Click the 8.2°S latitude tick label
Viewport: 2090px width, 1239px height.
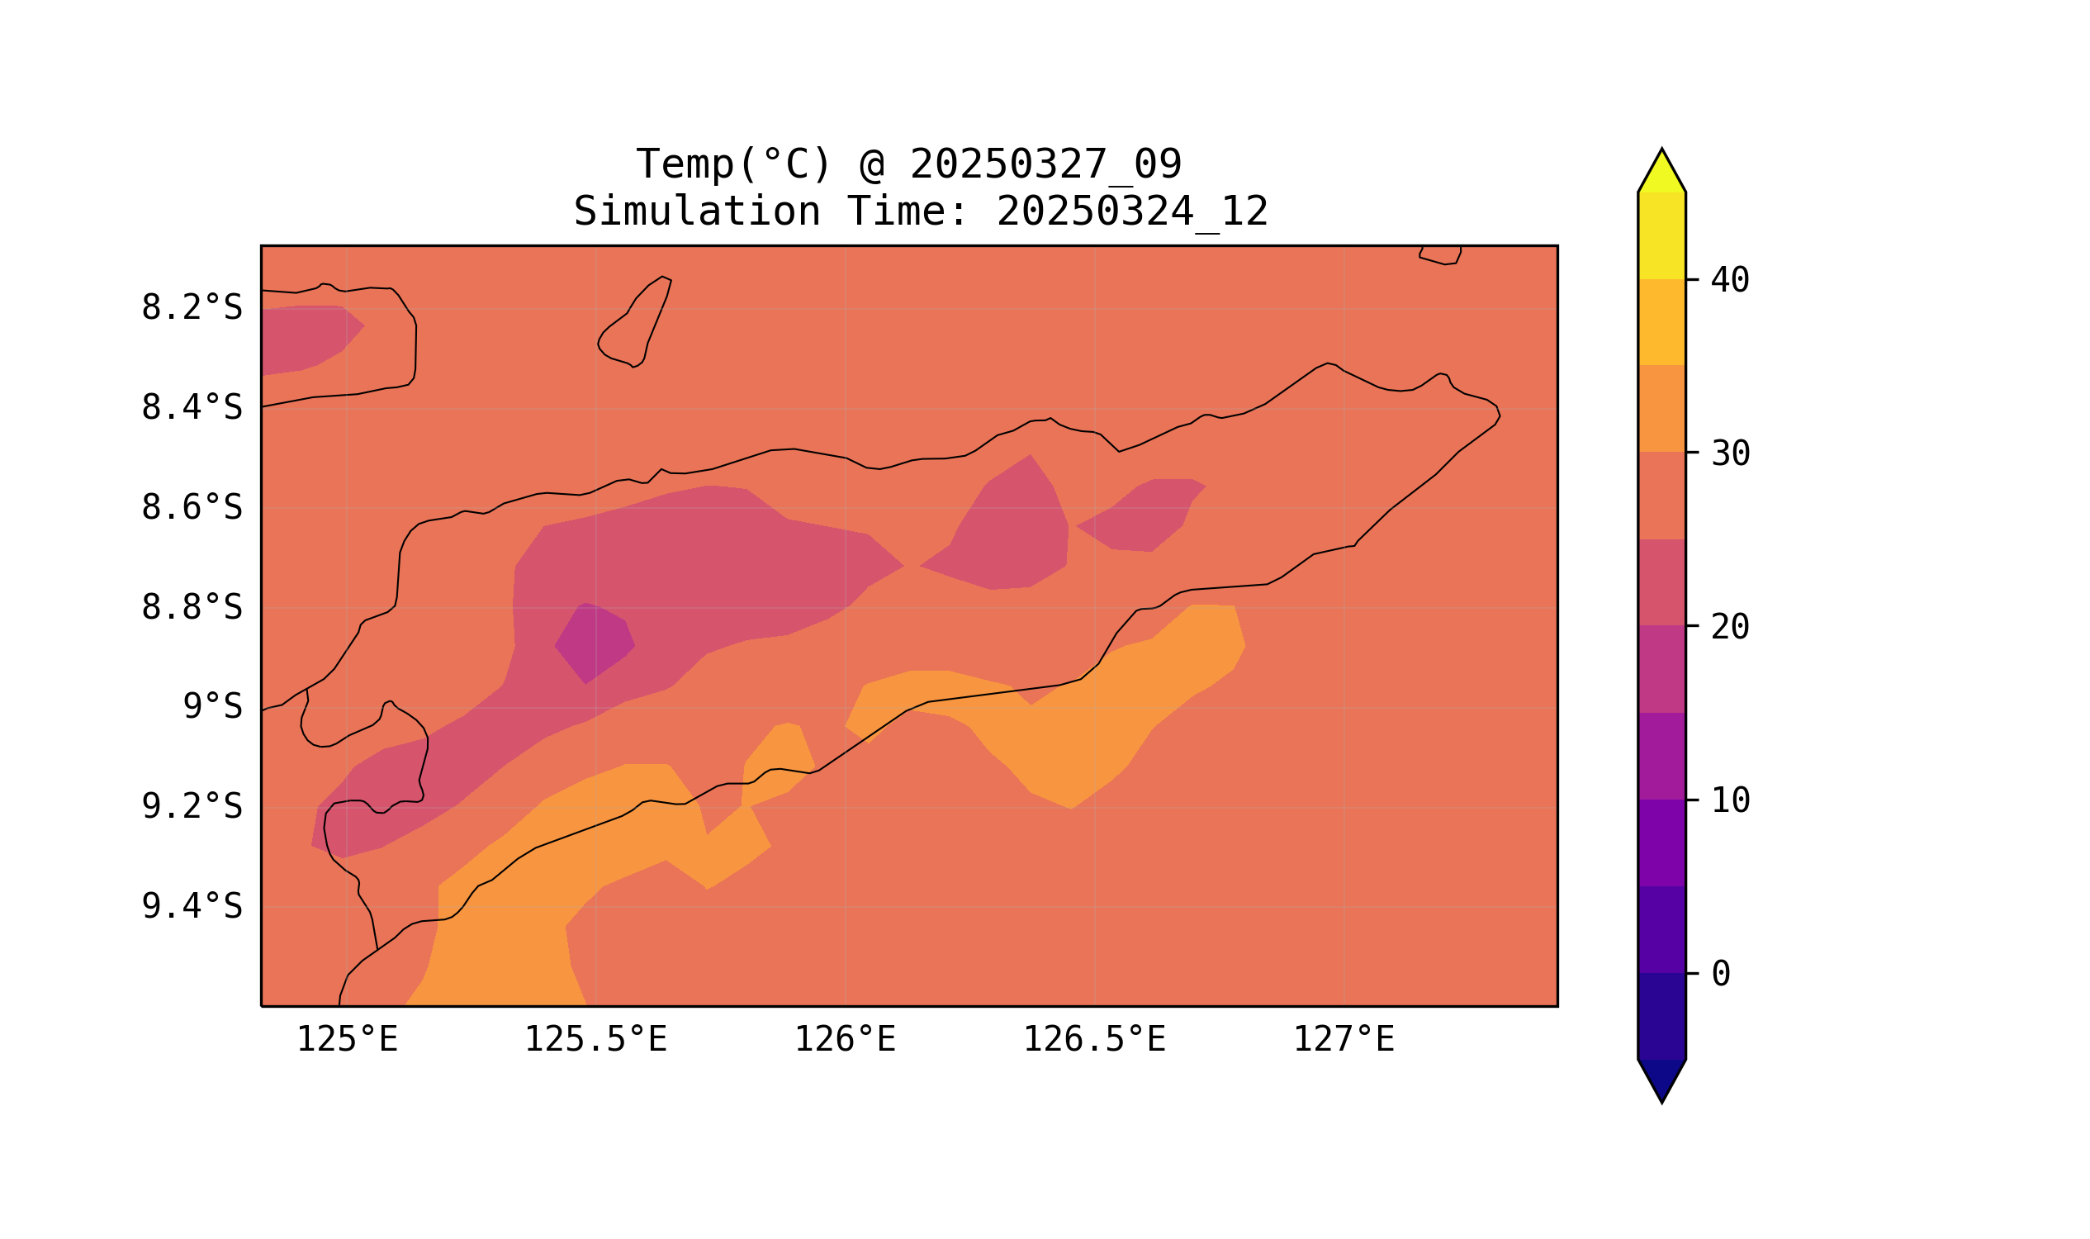click(x=191, y=308)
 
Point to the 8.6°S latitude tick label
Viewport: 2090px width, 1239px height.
click(x=191, y=508)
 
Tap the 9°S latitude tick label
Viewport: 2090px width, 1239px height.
click(x=212, y=707)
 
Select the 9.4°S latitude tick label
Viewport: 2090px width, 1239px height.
click(x=191, y=906)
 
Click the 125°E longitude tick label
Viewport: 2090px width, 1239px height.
click(x=346, y=1040)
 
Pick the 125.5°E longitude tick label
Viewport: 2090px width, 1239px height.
click(x=595, y=1040)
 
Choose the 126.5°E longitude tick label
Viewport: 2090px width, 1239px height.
click(x=1093, y=1040)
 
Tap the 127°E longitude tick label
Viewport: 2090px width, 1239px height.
click(x=1343, y=1040)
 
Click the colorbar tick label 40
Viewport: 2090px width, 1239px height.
click(x=1729, y=281)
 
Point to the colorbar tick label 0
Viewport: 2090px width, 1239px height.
click(x=1720, y=974)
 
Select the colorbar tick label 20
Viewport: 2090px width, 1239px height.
click(x=1729, y=627)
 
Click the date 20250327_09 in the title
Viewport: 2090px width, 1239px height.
click(x=1045, y=164)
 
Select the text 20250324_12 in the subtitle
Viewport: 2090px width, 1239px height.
click(x=1132, y=212)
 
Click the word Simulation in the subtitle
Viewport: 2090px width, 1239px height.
click(x=697, y=212)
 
